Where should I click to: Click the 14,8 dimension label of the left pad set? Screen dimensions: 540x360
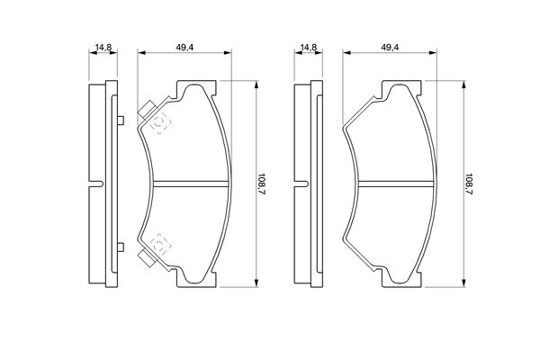click(103, 48)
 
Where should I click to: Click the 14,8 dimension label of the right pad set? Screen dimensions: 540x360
click(309, 48)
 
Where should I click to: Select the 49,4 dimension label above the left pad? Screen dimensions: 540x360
click(184, 48)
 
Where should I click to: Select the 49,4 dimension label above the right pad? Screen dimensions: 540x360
click(390, 48)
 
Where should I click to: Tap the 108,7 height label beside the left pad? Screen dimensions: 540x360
click(262, 184)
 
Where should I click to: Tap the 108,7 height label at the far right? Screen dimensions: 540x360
click(468, 184)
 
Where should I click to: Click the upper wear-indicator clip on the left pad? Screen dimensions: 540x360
click(148, 110)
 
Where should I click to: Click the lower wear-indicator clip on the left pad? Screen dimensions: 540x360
click(148, 258)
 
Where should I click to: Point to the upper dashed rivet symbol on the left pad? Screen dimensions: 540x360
click(160, 122)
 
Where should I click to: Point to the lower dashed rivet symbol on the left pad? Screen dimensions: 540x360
click(160, 244)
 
